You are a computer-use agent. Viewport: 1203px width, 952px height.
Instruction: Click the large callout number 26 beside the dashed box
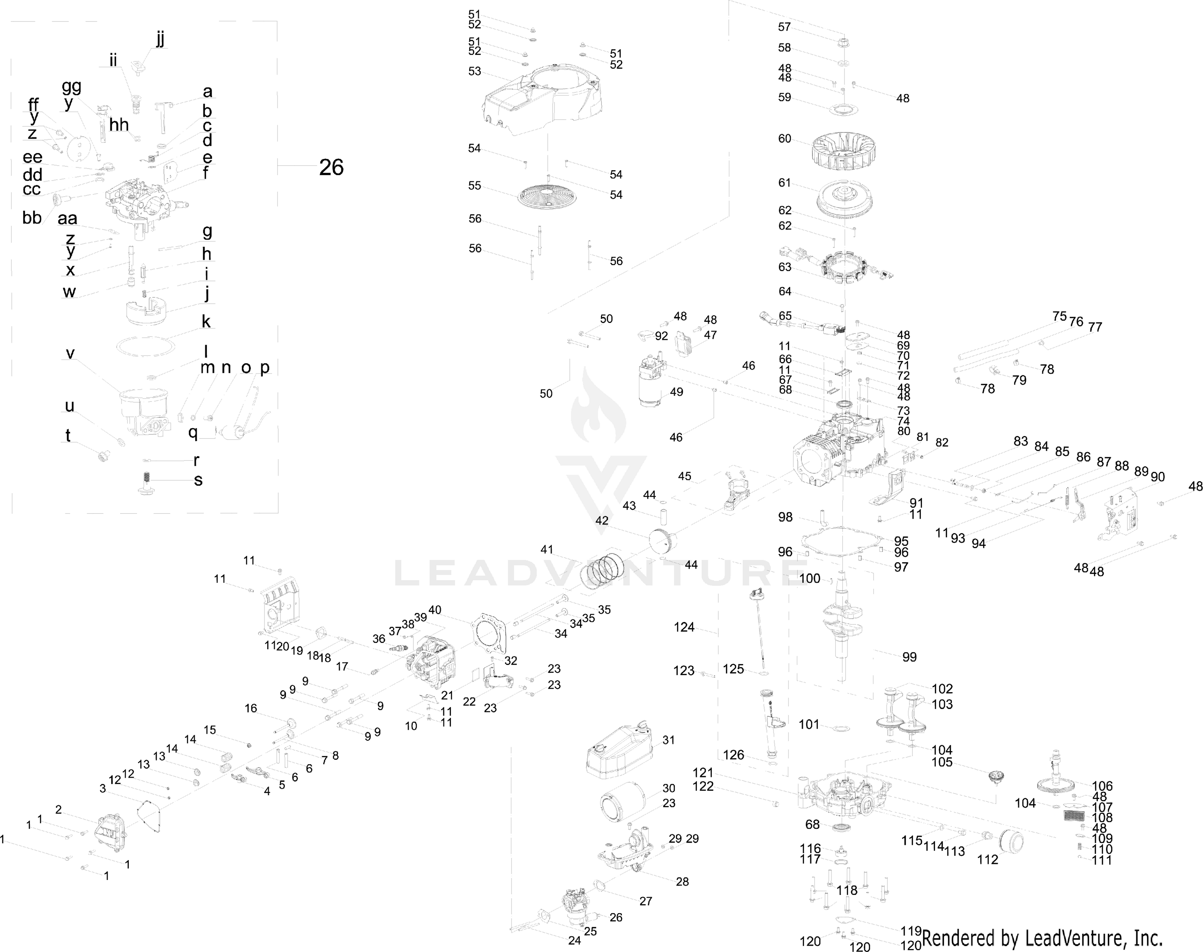[x=331, y=167]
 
